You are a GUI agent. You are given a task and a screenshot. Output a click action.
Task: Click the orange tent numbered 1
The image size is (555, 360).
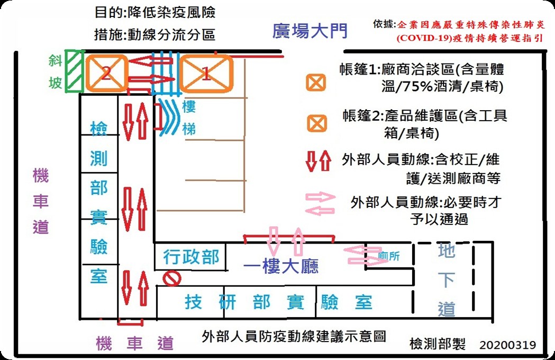pos(206,74)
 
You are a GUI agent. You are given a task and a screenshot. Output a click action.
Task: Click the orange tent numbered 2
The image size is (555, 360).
pos(106,73)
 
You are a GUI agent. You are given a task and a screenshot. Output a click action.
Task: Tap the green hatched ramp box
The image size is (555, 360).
pos(73,71)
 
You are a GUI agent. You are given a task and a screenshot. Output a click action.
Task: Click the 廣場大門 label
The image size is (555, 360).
pos(310,31)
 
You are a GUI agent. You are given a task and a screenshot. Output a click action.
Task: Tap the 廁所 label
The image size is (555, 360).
pos(389,256)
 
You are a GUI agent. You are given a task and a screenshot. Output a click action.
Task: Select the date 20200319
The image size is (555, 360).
pos(508,345)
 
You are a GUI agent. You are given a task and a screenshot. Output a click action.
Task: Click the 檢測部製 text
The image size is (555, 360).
pos(438,345)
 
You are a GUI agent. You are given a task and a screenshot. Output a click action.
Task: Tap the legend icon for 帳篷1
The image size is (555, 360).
pos(316,82)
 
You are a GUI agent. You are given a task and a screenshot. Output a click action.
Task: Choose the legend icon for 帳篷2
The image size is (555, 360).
pos(316,123)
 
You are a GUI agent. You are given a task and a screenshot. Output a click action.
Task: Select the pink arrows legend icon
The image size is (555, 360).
pos(320,204)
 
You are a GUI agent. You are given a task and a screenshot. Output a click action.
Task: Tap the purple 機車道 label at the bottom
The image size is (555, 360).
pos(135,344)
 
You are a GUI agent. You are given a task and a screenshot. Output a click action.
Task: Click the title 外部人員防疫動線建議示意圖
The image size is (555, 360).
pos(294,336)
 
